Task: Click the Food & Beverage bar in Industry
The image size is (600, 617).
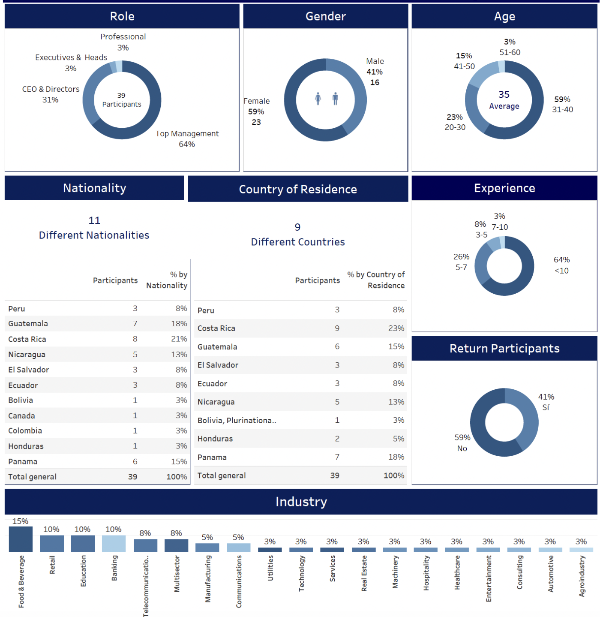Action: pyautogui.click(x=21, y=539)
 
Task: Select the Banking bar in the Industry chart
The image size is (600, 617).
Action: pyautogui.click(x=114, y=543)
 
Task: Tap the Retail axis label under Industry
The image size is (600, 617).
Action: pyautogui.click(x=52, y=565)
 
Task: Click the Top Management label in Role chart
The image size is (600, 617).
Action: pyautogui.click(x=187, y=134)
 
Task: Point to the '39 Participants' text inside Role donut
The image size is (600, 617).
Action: pyautogui.click(x=122, y=100)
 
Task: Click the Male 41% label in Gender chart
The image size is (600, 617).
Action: pyautogui.click(x=375, y=67)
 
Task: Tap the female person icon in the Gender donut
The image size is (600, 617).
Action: pyautogui.click(x=318, y=99)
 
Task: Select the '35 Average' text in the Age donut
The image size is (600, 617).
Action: pyautogui.click(x=504, y=99)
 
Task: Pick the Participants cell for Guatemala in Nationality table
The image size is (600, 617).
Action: pyautogui.click(x=135, y=324)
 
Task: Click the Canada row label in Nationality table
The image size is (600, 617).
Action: pyautogui.click(x=22, y=415)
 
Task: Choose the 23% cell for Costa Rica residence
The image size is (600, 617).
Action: pyautogui.click(x=396, y=328)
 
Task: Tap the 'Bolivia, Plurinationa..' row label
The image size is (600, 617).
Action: pyautogui.click(x=237, y=420)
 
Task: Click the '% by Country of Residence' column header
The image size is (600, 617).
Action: pyautogui.click(x=376, y=280)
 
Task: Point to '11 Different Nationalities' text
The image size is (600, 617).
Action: pyautogui.click(x=94, y=228)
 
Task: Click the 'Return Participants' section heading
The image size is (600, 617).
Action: pyautogui.click(x=504, y=349)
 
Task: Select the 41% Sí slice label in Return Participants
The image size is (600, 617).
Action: pyautogui.click(x=546, y=402)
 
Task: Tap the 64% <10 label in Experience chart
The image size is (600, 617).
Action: pyautogui.click(x=561, y=265)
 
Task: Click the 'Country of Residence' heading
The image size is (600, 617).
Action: pyautogui.click(x=298, y=189)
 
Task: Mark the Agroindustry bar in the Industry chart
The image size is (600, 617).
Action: pyautogui.click(x=581, y=550)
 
